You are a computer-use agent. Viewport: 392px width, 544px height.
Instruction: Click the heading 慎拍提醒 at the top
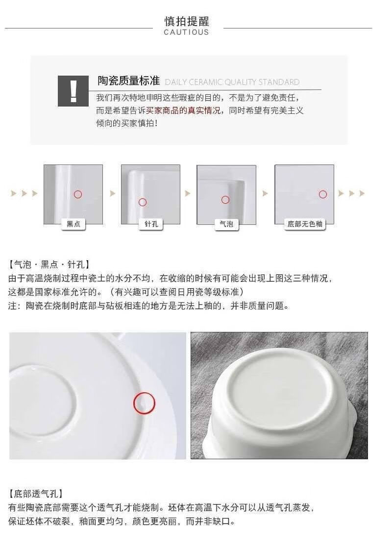coord(187,21)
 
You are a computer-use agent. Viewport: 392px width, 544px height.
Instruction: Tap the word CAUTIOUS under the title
coord(186,32)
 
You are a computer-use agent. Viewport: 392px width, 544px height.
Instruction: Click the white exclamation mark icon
coord(73,91)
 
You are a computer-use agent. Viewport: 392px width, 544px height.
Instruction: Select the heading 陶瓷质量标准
coord(128,81)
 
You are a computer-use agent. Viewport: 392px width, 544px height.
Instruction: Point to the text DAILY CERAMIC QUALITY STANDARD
coord(232,82)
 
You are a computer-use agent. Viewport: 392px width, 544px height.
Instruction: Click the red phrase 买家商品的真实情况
coord(183,110)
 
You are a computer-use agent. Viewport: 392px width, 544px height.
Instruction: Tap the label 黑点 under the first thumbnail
coord(73,224)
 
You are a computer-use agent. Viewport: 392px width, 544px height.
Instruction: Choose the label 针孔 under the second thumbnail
coord(151,224)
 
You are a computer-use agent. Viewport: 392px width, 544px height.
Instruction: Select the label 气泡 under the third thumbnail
coord(226,224)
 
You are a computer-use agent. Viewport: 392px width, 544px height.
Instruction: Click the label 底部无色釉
coord(305,224)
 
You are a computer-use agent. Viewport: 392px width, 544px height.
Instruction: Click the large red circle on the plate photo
coord(145,392)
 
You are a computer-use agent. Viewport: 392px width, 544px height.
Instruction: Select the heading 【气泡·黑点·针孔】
coord(49,265)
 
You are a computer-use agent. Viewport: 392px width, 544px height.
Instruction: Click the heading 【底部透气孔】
coord(36,494)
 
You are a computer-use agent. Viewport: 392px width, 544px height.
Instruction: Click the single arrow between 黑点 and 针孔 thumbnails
coord(113,193)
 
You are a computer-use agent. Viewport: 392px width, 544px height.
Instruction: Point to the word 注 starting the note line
coord(12,306)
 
